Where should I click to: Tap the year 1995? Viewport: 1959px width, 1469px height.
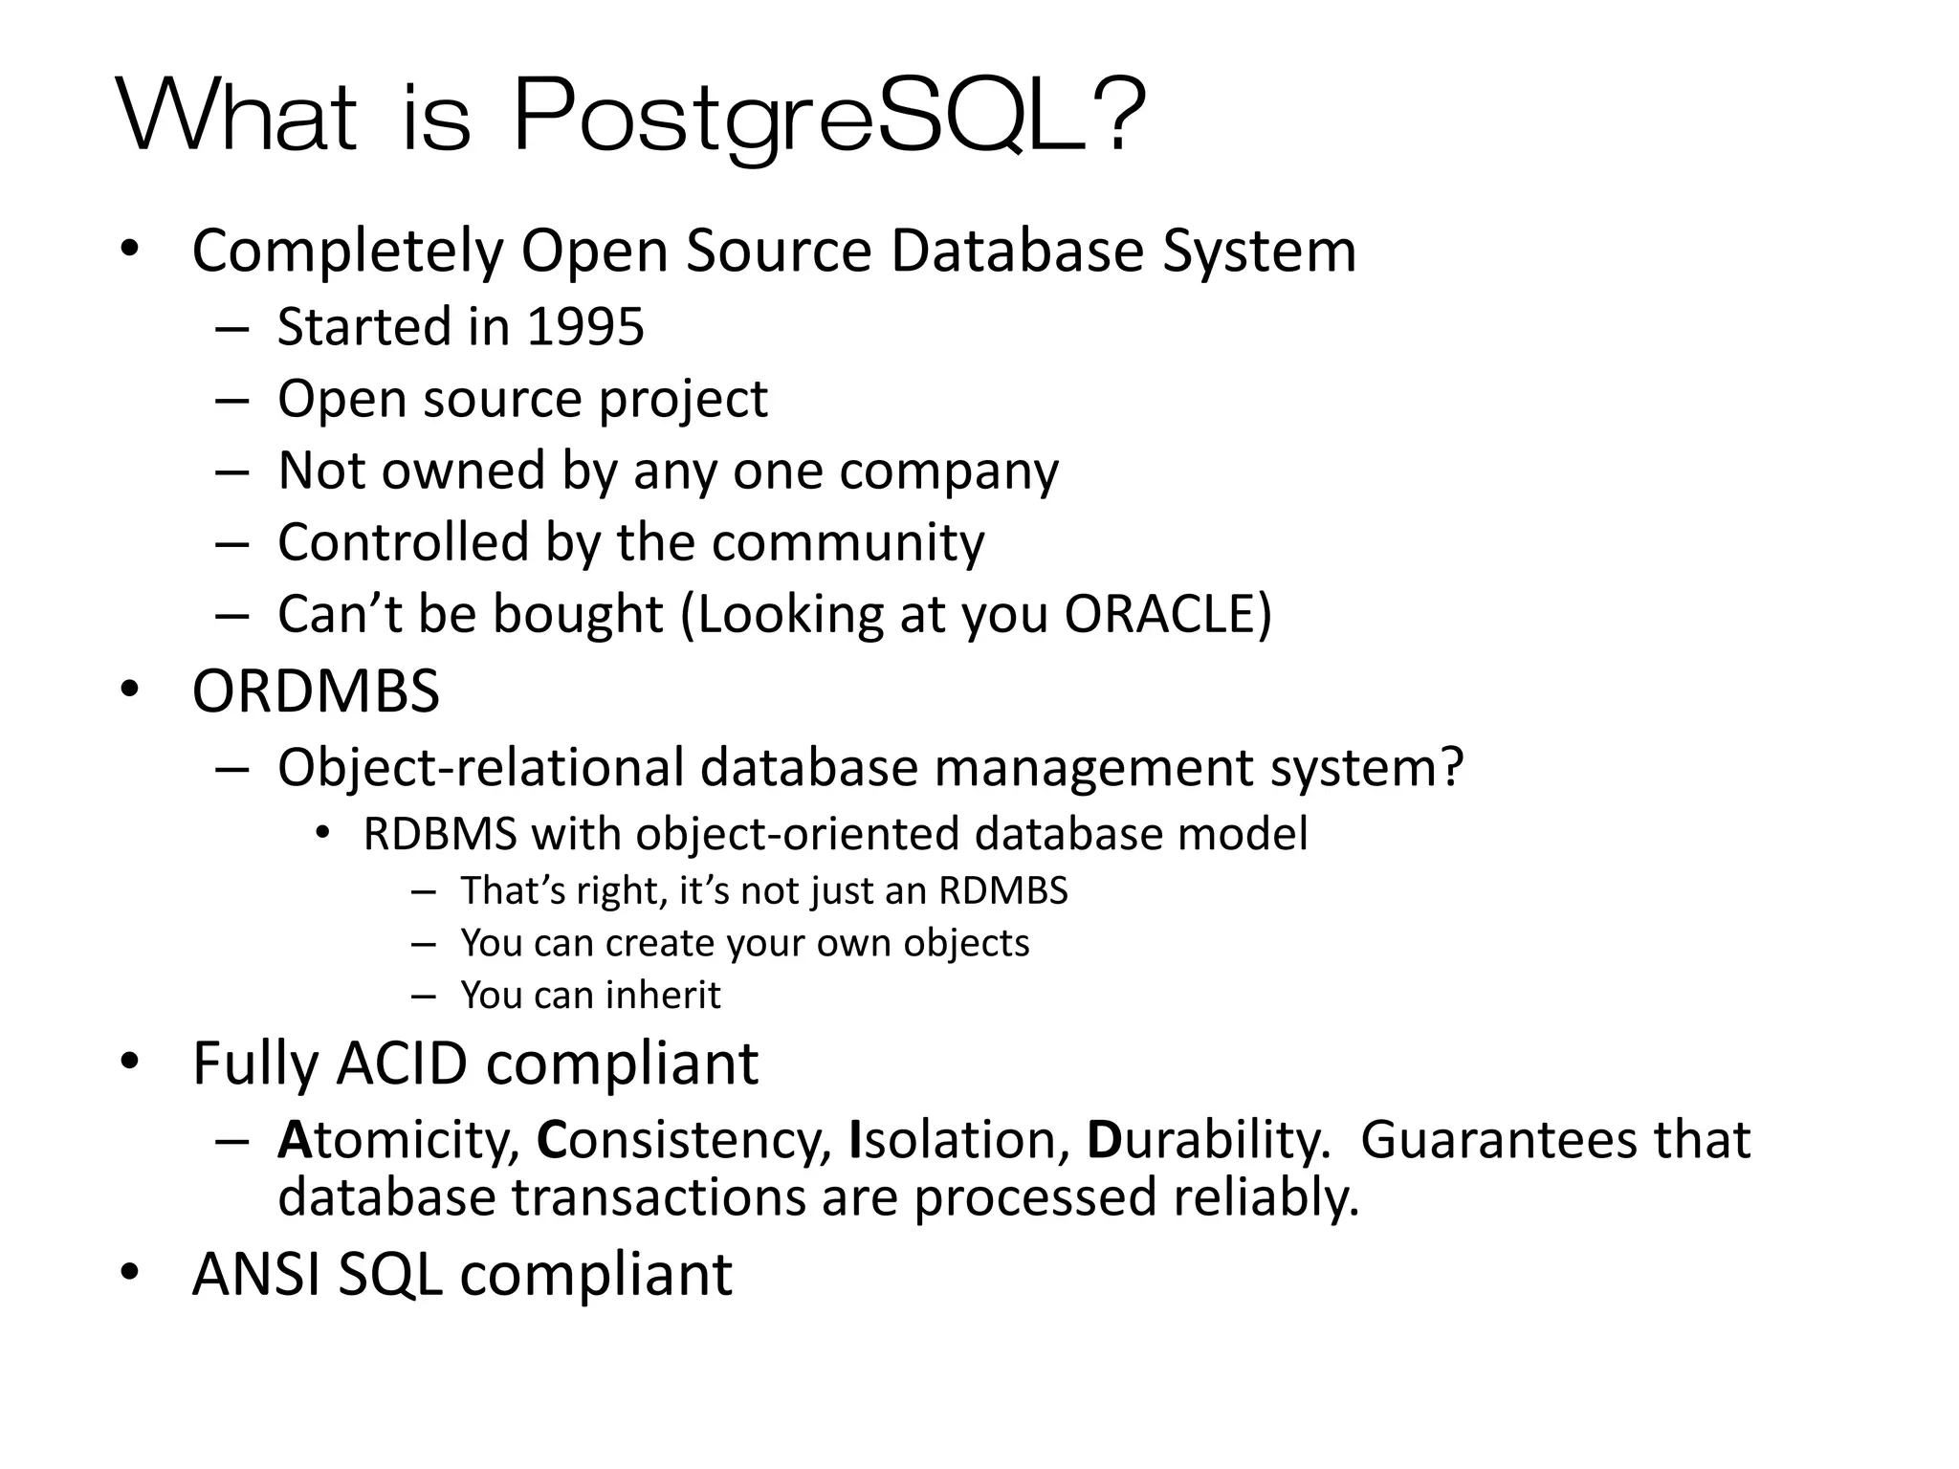(x=585, y=327)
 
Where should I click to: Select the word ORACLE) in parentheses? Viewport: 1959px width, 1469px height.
(x=1168, y=614)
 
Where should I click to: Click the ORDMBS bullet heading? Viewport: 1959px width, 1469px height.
(x=316, y=691)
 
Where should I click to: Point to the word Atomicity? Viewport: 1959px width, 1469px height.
(x=398, y=1140)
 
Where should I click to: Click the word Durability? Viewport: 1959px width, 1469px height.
(x=1208, y=1140)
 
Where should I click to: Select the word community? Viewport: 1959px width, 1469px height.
(x=847, y=542)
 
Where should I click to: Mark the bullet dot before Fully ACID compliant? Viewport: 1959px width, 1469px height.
(x=130, y=1062)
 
